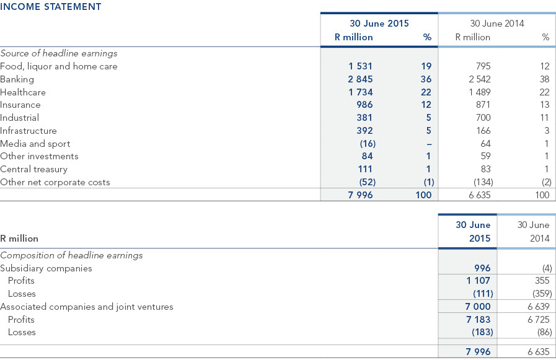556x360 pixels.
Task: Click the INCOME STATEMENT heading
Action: pos(51,7)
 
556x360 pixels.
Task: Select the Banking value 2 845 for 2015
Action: pos(360,79)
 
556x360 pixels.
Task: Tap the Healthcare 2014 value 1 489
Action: pos(480,92)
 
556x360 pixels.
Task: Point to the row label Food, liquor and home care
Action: pos(59,67)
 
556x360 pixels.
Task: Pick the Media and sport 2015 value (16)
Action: pos(368,144)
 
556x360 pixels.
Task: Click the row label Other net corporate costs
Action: pos(55,182)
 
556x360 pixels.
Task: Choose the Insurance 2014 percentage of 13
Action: pos(544,105)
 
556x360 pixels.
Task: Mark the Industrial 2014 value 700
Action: pos(483,118)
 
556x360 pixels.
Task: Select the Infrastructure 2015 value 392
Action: pos(365,131)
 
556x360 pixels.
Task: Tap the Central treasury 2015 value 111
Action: pos(365,169)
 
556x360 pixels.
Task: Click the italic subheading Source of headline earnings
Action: pos(59,53)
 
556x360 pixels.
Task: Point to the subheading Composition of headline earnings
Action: pos(71,255)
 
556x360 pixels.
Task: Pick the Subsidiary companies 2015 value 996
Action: pos(483,268)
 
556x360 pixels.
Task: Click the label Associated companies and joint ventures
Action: pos(87,307)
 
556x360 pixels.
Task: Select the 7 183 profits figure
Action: pos(479,320)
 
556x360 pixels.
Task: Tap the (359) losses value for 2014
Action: pos(542,294)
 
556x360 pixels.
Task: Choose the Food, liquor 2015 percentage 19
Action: pos(426,66)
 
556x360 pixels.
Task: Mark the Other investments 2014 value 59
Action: pos(485,156)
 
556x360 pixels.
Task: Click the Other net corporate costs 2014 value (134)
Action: pos(483,182)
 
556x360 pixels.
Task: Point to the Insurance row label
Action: pos(20,105)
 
